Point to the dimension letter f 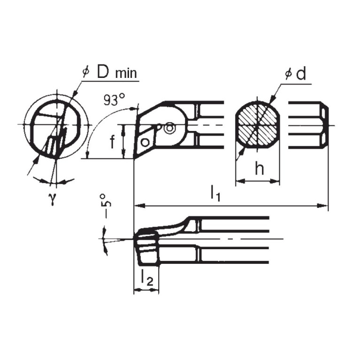[x=113, y=142]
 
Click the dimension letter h [x=259, y=169]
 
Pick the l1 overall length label [x=215, y=193]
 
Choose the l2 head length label [x=146, y=279]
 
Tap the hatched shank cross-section [x=257, y=125]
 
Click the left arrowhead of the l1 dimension [x=138, y=205]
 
